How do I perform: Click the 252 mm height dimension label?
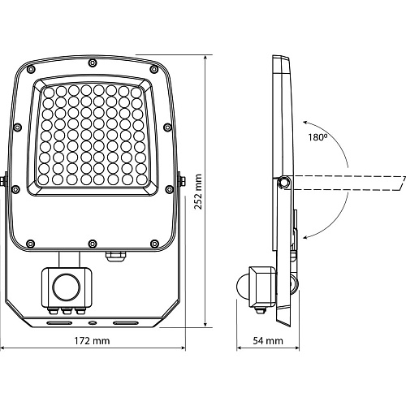198,192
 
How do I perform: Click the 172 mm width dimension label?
93,341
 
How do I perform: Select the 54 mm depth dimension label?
268,341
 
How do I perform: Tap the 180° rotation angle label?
317,137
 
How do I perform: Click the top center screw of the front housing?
93,63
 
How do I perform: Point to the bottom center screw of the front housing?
93,244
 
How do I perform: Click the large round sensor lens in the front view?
66,287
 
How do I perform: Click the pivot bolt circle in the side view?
284,182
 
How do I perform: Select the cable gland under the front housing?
115,256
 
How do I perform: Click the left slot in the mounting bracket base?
59,322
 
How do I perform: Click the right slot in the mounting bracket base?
126,322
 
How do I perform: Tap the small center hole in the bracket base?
93,322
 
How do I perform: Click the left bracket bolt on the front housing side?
2,181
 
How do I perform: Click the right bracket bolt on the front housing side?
183,181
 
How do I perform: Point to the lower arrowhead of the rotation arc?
304,238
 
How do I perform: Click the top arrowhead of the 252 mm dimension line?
205,58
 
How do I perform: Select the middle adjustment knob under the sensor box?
66,312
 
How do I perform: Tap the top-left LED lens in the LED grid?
49,93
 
